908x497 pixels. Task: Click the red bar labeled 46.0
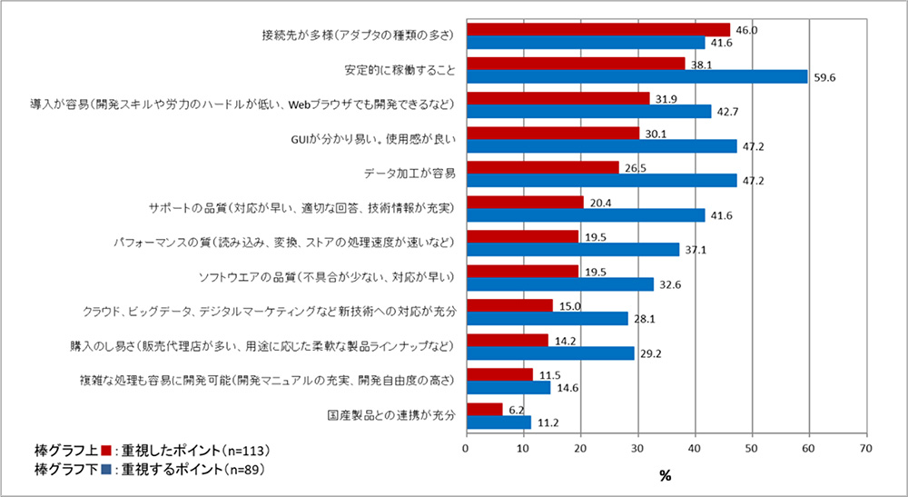tap(597, 30)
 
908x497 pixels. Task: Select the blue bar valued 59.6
tap(637, 76)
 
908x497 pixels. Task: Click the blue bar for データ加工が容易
tap(601, 180)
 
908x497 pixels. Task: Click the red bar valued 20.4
tap(524, 202)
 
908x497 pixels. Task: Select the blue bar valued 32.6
tap(559, 284)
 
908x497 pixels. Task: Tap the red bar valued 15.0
tap(508, 305)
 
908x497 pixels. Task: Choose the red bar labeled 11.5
tap(498, 374)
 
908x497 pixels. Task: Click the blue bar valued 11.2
tap(498, 422)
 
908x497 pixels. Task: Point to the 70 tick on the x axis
tap(866, 448)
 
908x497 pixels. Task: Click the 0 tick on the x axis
tap(466, 448)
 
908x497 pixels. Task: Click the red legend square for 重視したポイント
tap(105, 451)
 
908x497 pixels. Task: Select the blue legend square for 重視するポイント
tap(105, 469)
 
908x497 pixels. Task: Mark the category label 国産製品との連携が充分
tap(390, 415)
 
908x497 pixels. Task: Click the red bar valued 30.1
tap(552, 133)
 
